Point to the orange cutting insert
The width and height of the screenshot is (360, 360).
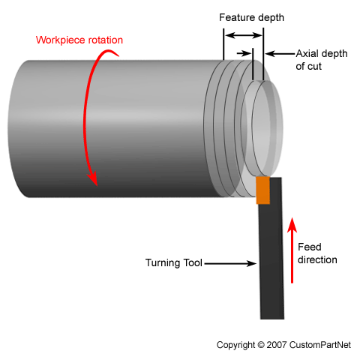point(262,190)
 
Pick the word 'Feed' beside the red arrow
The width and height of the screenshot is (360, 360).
point(310,247)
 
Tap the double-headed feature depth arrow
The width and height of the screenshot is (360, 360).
point(244,35)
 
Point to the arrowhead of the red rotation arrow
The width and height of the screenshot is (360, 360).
point(94,178)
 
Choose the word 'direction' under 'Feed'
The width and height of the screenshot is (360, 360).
point(318,259)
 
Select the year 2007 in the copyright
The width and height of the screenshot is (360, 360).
point(271,345)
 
